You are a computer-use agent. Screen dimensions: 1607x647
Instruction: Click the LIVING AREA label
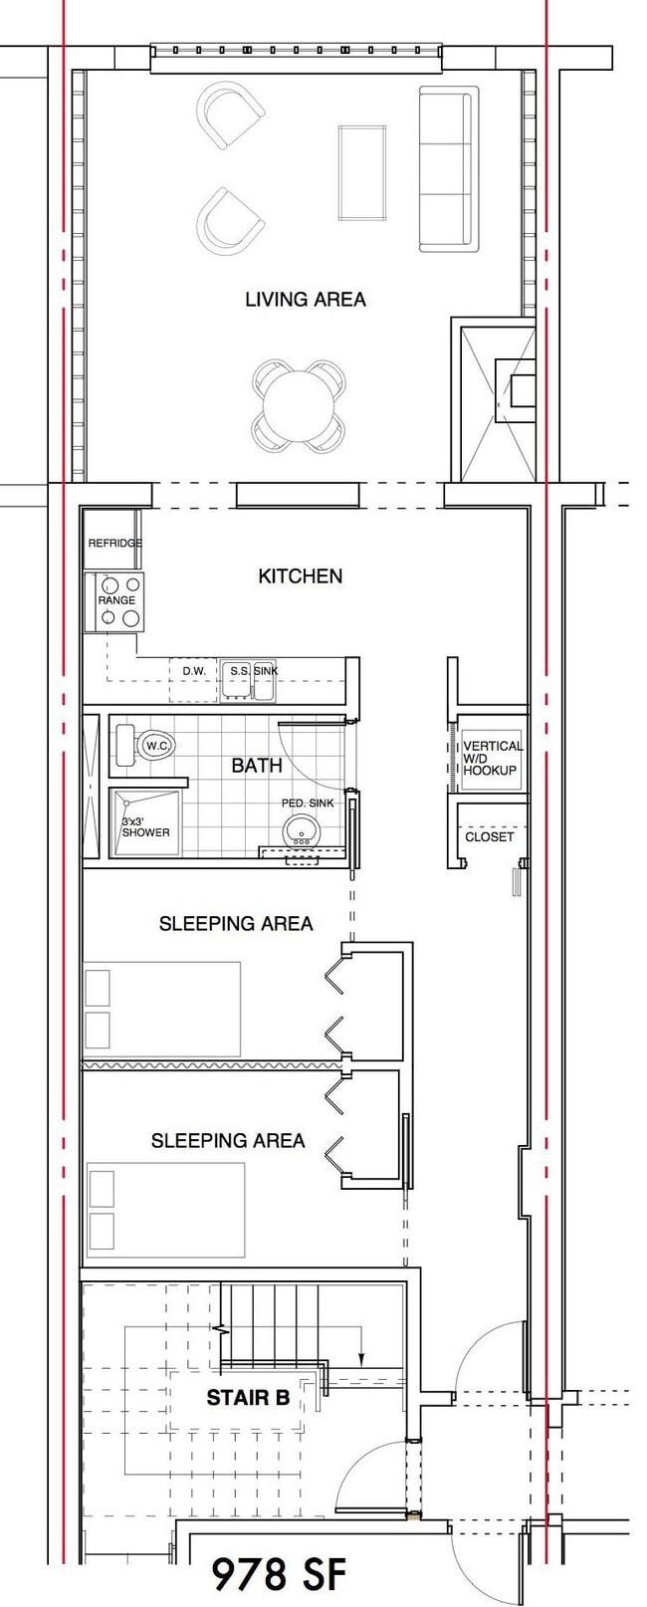point(305,299)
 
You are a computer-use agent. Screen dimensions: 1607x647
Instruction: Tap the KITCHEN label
point(300,575)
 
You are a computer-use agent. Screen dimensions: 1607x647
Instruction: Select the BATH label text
point(257,765)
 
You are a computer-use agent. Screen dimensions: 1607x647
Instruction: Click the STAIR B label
point(248,1398)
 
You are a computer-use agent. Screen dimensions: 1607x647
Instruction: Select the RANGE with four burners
point(116,602)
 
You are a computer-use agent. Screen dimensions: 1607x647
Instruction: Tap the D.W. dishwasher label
point(194,671)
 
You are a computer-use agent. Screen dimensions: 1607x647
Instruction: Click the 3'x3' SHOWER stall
point(146,822)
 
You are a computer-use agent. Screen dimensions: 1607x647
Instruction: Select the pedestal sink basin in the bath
point(301,828)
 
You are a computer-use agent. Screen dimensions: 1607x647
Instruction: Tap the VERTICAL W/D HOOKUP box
point(490,758)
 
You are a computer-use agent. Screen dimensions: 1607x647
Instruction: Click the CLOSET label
point(490,836)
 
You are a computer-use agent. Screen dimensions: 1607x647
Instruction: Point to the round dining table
point(299,405)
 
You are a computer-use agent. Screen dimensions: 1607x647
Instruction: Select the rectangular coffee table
point(362,172)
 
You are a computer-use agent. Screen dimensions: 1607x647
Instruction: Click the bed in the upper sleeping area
point(162,1008)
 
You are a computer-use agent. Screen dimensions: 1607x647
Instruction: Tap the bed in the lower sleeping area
point(166,1210)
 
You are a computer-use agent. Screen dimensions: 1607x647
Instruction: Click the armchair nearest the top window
point(231,115)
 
